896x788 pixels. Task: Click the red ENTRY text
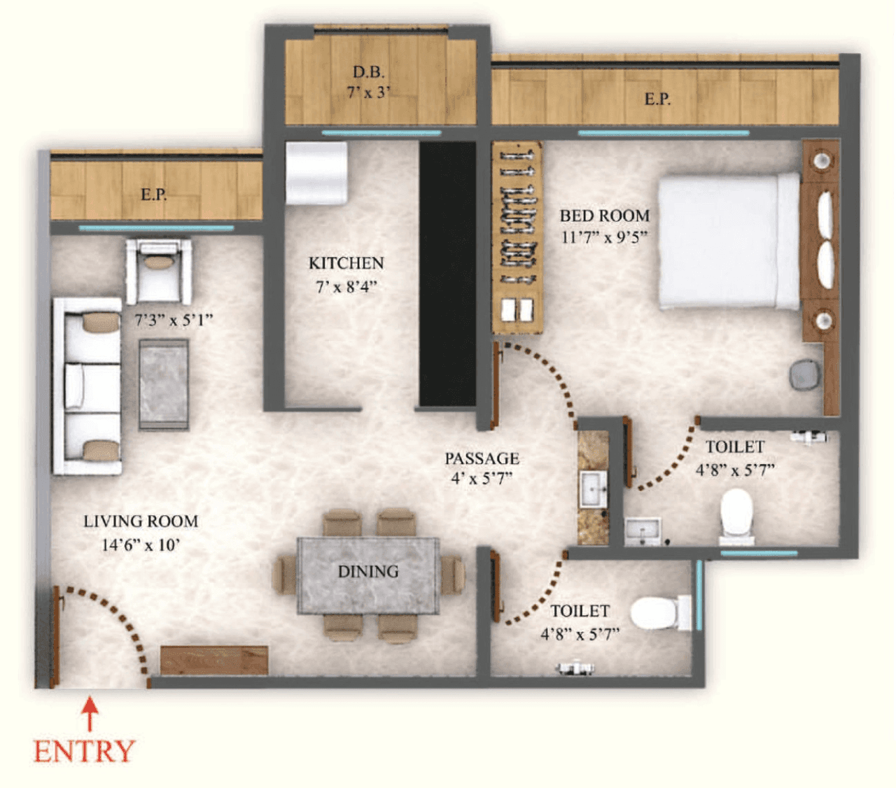[x=84, y=752]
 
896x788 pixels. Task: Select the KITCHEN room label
[x=346, y=263]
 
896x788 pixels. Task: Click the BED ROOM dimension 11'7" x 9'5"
[x=603, y=237]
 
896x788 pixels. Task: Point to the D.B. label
[x=368, y=71]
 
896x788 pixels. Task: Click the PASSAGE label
[x=482, y=458]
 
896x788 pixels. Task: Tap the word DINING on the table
[x=368, y=572]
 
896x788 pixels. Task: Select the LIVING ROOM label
[x=140, y=521]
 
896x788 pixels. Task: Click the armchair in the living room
[x=159, y=269]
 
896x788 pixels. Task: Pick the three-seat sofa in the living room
[x=87, y=386]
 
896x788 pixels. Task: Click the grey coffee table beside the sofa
[x=164, y=384]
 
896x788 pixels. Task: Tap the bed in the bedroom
[x=728, y=240]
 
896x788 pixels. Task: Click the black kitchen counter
[x=447, y=273]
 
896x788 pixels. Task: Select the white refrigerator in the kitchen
[x=316, y=173]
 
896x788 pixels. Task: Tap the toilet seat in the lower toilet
[x=657, y=612]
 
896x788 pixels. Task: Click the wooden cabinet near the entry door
[x=214, y=660]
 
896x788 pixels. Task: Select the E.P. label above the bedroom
[x=657, y=99]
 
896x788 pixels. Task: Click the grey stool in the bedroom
[x=805, y=374]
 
